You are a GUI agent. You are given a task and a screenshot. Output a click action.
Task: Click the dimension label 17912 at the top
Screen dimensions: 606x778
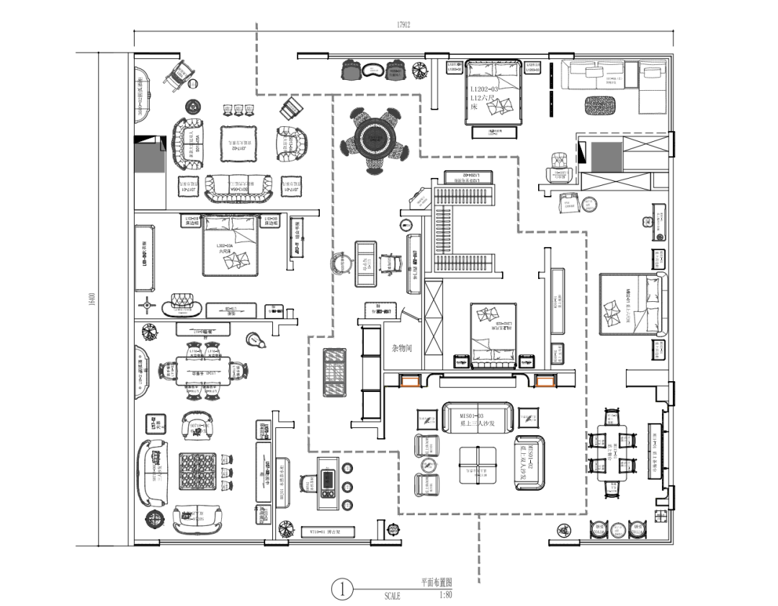click(403, 24)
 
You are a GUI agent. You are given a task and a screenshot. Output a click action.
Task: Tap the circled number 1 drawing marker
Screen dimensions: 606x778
click(343, 589)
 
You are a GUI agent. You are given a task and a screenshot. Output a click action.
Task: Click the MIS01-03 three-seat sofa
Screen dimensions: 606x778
click(477, 417)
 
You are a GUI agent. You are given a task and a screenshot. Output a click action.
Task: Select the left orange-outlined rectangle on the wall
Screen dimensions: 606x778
click(412, 381)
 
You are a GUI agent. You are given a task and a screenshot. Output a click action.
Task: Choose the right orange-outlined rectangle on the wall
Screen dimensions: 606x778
click(545, 381)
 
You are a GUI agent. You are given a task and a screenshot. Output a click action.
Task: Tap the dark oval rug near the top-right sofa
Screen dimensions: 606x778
click(602, 104)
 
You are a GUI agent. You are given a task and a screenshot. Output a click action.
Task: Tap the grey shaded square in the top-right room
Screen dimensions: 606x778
click(606, 156)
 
